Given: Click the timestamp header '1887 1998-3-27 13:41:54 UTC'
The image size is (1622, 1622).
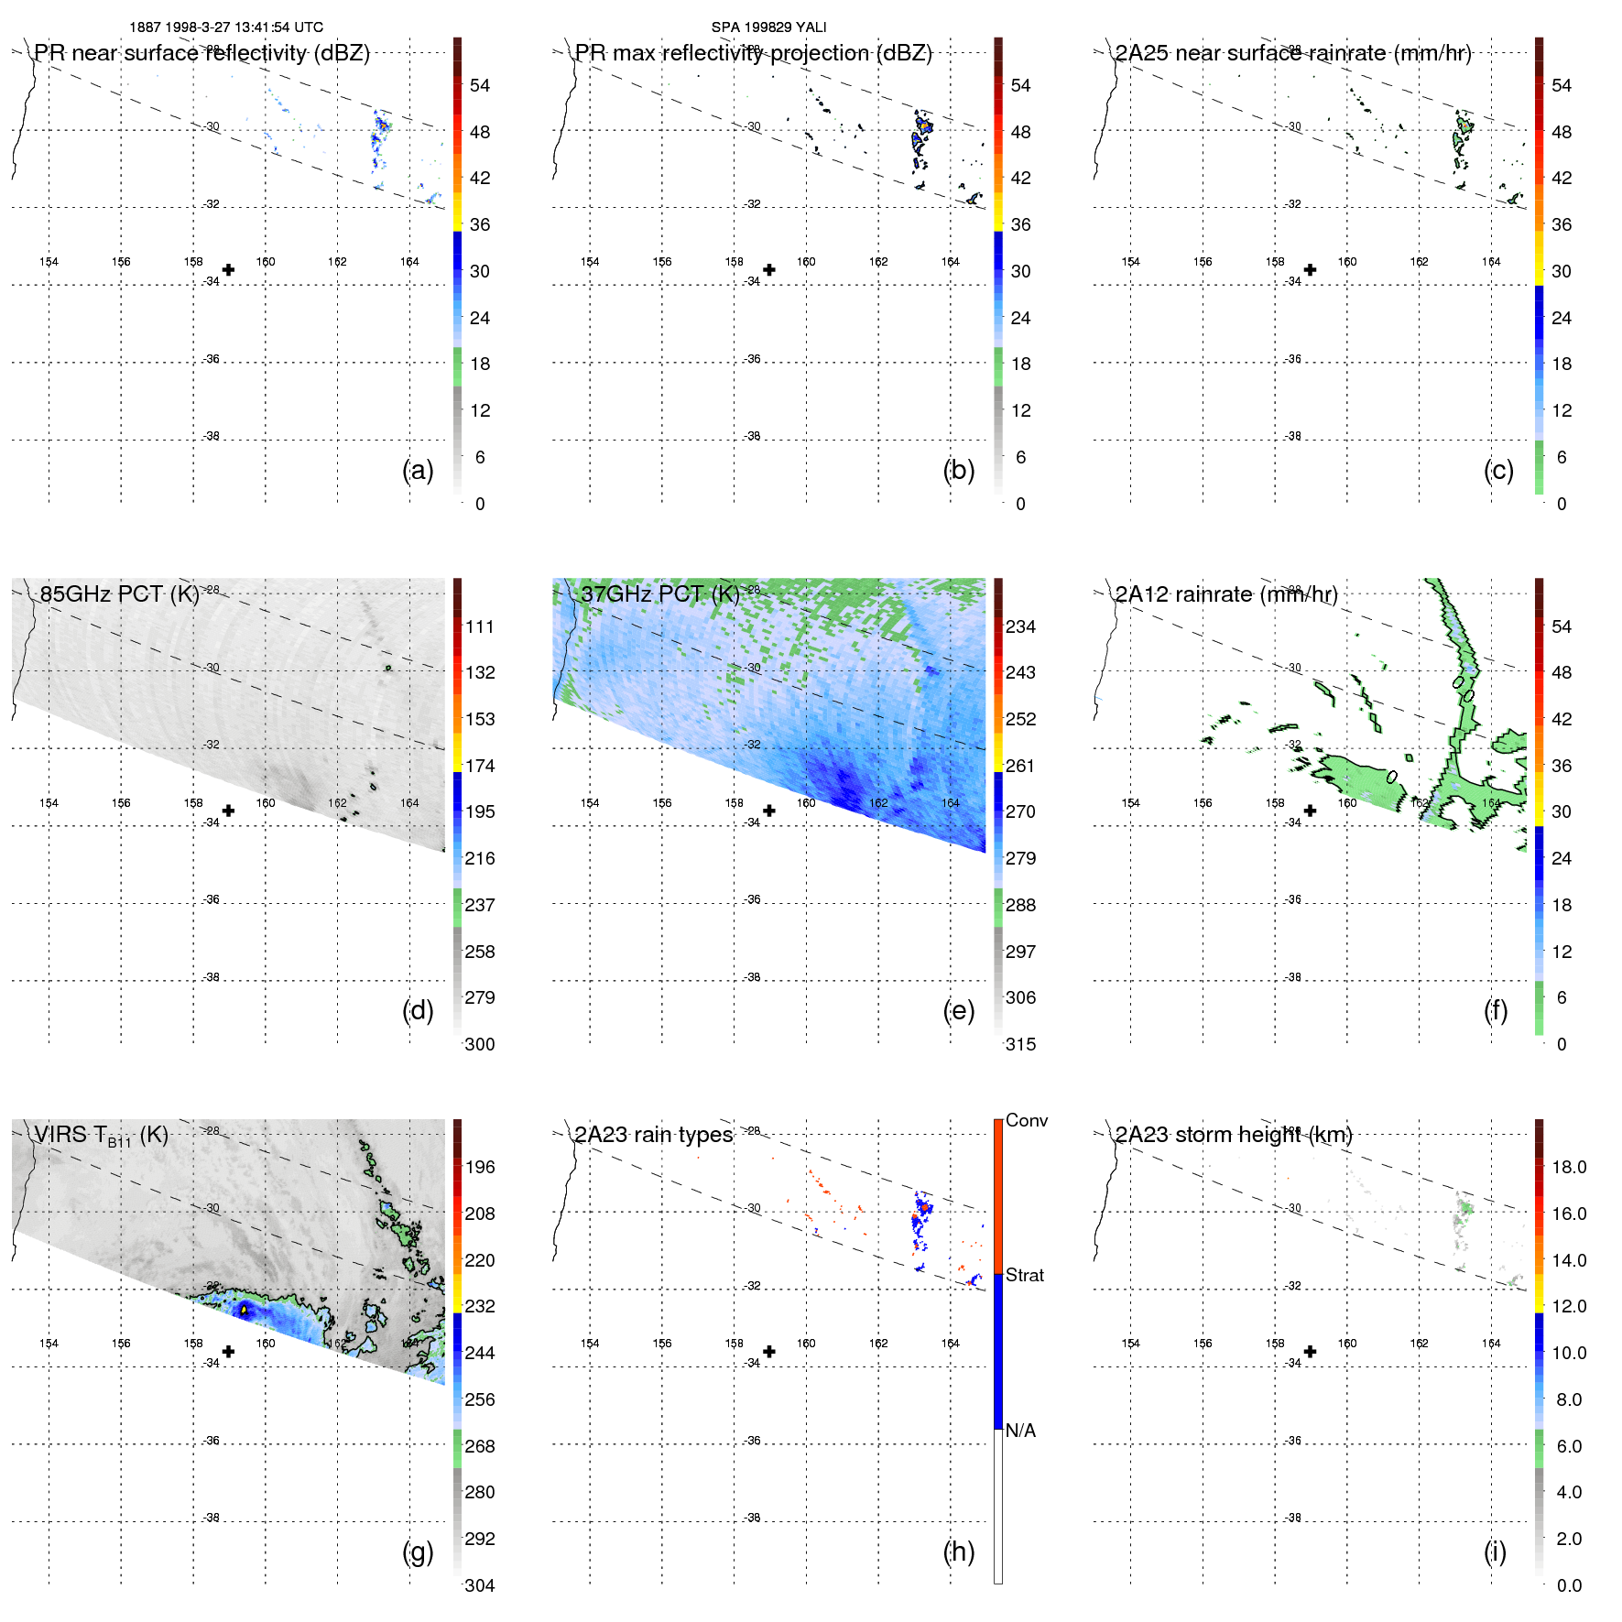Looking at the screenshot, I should coord(226,27).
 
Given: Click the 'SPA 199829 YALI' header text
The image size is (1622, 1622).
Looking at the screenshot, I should coord(768,27).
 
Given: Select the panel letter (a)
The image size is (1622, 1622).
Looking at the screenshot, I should coord(418,470).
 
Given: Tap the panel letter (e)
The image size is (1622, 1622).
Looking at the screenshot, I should coord(959,1010).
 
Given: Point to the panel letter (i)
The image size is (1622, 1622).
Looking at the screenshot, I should coord(1495,1551).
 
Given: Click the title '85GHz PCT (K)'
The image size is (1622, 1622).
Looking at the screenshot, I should coord(119,593).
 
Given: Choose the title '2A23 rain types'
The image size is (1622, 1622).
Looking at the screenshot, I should coord(654,1135).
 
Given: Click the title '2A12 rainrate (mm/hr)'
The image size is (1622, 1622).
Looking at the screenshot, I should coord(1226,593).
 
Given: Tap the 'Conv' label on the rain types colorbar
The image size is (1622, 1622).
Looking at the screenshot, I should coord(1027,1120).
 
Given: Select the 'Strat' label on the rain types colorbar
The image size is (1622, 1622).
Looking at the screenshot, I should coord(1025,1275).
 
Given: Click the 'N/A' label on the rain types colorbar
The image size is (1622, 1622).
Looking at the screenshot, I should coord(1021,1431).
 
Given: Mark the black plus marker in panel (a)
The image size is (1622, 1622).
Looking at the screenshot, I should coord(228,269).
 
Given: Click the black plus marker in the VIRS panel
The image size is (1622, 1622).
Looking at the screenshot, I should coord(228,1351).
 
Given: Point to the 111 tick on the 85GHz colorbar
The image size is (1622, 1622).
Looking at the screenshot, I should coord(479,626).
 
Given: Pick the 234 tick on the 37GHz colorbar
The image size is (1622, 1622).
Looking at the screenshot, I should coord(1020,626).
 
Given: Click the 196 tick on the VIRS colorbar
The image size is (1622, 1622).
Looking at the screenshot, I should coord(479,1167).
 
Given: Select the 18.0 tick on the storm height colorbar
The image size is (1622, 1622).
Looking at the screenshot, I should coord(1569,1167).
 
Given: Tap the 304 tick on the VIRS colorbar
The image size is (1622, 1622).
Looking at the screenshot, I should coord(479,1585).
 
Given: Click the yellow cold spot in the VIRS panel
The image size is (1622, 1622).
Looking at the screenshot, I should coord(244,1311).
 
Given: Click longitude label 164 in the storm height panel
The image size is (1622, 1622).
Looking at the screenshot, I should coord(1491,1344).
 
